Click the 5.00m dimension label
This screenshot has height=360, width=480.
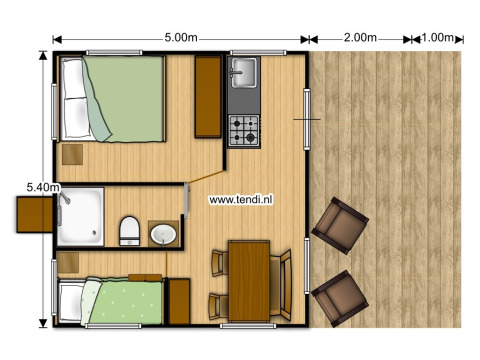[181, 38]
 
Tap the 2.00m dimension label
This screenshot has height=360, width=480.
[359, 38]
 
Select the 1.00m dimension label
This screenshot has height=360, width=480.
[435, 38]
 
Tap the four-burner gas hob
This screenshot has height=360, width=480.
[244, 129]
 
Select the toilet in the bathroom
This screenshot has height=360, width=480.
[129, 231]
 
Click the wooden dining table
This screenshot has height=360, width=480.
[250, 281]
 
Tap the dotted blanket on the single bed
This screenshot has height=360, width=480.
[125, 302]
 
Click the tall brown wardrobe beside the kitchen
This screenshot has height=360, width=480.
[208, 95]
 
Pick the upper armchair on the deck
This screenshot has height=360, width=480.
[337, 225]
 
